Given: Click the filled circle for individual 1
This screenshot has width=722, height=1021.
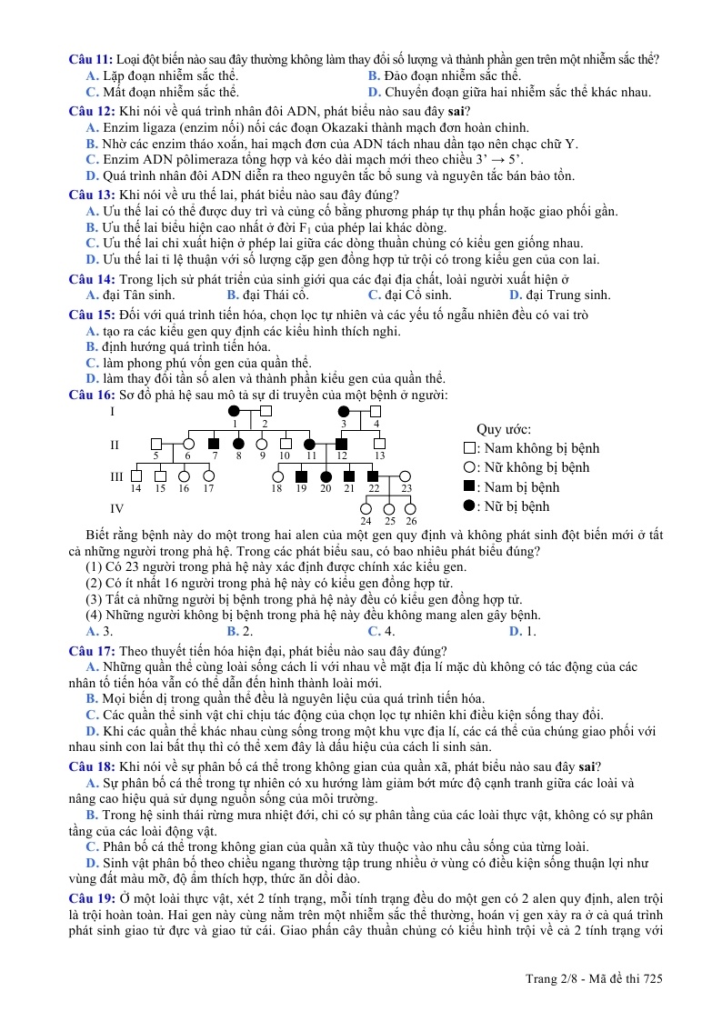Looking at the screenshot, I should point(235,412).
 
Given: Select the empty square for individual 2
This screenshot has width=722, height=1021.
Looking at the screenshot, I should point(265,412).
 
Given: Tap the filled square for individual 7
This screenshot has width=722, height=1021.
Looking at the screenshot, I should point(215,444).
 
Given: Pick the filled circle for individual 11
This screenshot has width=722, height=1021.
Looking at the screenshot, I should point(310,444).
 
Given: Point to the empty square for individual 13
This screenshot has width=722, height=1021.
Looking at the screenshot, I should point(379,444).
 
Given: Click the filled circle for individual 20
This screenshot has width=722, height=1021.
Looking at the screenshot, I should point(325,475).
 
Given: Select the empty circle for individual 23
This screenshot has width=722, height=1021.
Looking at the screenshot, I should point(406,475).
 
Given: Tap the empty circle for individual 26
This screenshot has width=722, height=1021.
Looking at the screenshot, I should point(411,508).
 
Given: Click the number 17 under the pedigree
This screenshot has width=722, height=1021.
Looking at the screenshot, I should point(208,488).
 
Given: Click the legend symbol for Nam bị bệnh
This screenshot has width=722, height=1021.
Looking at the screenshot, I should point(468,487).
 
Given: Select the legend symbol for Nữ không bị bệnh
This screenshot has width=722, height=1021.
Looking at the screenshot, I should point(468,467).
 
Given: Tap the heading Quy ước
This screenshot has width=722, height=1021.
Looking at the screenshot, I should point(504,429).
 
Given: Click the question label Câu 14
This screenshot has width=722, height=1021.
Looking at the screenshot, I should point(91,279).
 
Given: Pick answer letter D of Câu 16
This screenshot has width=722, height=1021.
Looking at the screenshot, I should point(515,631).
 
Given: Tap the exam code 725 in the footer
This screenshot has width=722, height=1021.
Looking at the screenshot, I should point(652,978).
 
